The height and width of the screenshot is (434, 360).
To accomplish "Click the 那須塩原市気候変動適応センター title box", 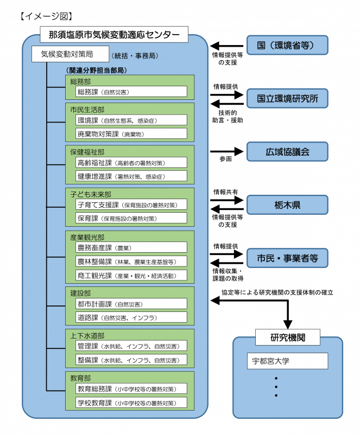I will (x=114, y=35).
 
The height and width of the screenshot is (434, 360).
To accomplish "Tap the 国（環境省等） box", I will (x=288, y=45).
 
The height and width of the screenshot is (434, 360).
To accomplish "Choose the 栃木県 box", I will (x=288, y=205).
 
